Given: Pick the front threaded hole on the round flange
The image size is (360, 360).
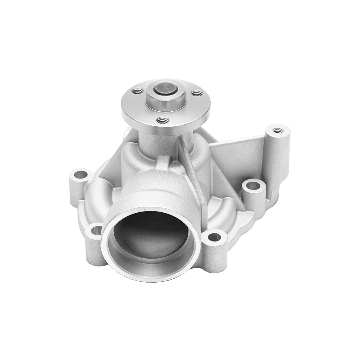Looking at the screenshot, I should coord(162,120).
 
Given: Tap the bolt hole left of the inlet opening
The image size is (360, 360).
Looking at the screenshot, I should coord(96,231).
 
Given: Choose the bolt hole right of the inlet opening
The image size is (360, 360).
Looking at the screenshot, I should coord(214,237).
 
